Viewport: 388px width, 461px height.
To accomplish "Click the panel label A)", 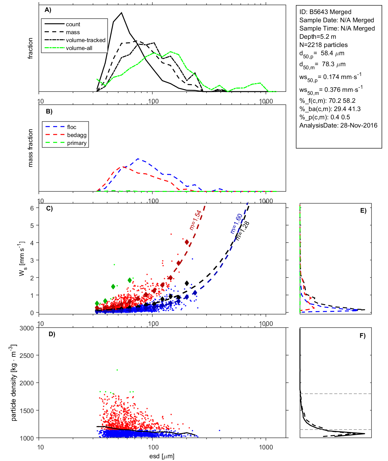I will (x=48, y=10).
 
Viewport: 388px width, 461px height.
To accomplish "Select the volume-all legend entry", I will (x=79, y=48).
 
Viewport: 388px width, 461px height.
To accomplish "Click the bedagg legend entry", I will (x=77, y=135).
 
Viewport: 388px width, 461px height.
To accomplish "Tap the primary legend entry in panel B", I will (x=77, y=143).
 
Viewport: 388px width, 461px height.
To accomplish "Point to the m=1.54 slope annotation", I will (x=195, y=220).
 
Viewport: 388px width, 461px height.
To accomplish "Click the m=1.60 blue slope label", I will (x=236, y=224).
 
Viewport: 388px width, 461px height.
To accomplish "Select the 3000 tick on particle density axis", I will (x=27, y=328).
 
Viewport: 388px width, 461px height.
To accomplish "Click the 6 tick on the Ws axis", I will (x=32, y=208).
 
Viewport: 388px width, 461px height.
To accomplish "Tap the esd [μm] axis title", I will (x=162, y=456).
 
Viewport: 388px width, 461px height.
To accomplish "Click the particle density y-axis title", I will (x=14, y=383).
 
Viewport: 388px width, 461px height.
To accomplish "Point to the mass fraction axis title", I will (x=30, y=148).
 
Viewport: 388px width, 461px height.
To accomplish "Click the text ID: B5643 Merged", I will (x=325, y=12).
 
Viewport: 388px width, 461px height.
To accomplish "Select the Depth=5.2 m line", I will (x=317, y=37).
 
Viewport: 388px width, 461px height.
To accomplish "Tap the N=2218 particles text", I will (x=323, y=45).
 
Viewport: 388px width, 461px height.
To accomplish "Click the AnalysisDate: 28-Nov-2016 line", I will (x=338, y=125).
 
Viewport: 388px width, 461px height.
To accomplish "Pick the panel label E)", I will (x=363, y=211).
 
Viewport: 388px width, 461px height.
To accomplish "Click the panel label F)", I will (x=362, y=336).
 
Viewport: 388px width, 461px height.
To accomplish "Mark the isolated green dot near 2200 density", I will (x=117, y=370).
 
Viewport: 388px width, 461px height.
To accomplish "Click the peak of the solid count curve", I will (x=122, y=13).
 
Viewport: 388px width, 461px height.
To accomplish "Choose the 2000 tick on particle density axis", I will (x=27, y=383).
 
